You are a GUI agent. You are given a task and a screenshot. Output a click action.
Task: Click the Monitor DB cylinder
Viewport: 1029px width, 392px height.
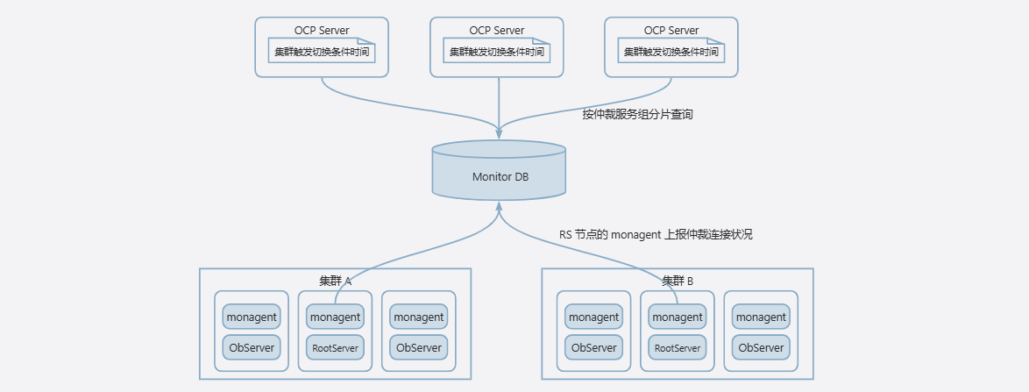[x=499, y=169]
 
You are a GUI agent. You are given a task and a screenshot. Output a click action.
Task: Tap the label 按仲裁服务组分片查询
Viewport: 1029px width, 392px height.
[x=638, y=114]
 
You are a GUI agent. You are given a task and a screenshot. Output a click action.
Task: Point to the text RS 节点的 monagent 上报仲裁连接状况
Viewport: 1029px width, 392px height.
[x=656, y=234]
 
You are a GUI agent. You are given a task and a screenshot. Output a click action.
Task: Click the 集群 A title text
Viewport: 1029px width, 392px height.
[x=336, y=281]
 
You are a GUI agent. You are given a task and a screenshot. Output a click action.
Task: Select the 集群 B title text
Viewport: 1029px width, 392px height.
[x=678, y=281]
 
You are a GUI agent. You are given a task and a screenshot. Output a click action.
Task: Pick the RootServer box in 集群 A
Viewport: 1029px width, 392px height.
[x=336, y=347]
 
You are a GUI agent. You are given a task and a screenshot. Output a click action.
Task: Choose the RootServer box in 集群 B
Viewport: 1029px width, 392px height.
[x=678, y=347]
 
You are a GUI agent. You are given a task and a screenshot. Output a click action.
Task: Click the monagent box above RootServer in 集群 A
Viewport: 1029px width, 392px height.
[x=336, y=317]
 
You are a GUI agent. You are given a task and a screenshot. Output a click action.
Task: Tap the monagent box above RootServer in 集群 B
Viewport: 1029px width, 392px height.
[x=678, y=317]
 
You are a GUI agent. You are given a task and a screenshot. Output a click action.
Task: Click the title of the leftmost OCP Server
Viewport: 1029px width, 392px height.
[x=322, y=30]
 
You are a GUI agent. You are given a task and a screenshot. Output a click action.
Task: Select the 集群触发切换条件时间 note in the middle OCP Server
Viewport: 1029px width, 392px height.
[x=497, y=51]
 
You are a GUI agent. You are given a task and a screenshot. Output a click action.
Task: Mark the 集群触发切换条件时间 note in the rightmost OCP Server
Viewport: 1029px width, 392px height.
[x=671, y=51]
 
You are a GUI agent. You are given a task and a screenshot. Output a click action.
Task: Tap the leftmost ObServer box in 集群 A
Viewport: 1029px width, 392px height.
[x=252, y=347]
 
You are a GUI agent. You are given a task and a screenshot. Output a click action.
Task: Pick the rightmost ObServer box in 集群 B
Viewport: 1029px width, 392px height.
[x=762, y=347]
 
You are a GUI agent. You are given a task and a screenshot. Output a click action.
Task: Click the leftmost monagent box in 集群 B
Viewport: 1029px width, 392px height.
[x=594, y=317]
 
